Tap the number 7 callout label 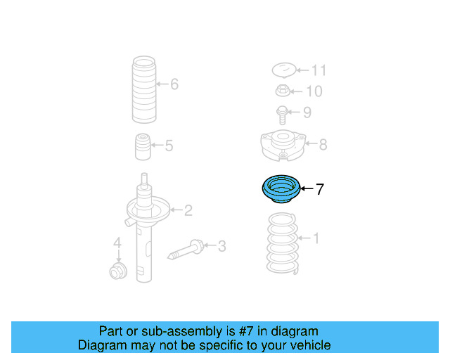pos(319,189)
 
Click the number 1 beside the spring pos(316,239)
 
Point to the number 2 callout pos(188,210)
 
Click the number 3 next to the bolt pos(221,246)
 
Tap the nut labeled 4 pos(117,271)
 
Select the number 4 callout pos(118,244)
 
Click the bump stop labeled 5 pos(144,147)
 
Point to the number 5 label pos(169,146)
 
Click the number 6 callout pos(174,85)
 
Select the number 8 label pos(323,145)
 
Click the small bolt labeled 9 pos(281,114)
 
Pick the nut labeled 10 pos(281,91)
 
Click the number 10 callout pos(314,91)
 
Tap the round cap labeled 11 pos(283,70)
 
